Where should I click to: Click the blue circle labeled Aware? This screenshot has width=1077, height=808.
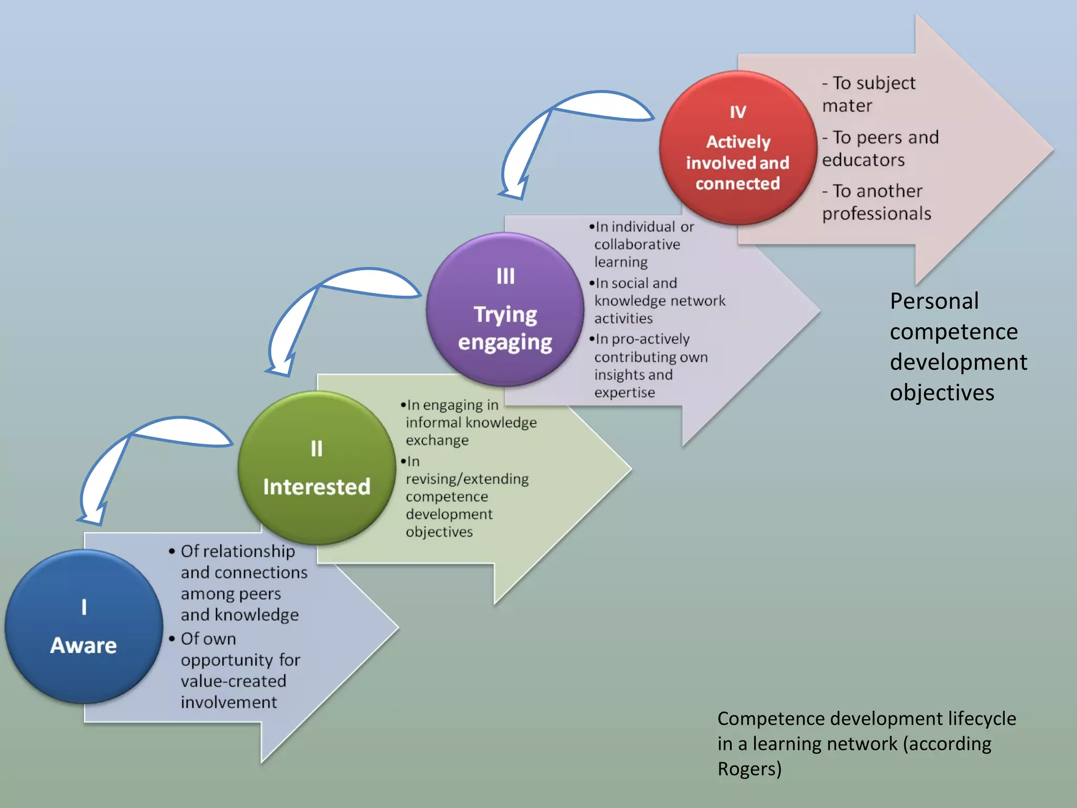coord(84,626)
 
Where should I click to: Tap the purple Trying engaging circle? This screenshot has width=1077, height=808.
coord(505,309)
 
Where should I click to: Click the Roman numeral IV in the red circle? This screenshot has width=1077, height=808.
coord(738,112)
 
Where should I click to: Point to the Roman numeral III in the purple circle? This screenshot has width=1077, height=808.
coord(505,276)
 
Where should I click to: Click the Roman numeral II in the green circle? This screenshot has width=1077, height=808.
coord(317,449)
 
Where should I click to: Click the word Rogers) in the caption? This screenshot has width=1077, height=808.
coord(749,769)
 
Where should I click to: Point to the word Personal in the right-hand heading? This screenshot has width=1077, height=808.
coord(934,301)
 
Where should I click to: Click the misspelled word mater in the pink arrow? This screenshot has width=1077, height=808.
coord(847,106)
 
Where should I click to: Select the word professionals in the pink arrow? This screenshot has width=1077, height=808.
coord(876,214)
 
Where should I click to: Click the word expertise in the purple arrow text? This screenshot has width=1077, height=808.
coord(625,392)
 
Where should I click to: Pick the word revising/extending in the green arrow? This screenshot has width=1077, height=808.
coord(467,479)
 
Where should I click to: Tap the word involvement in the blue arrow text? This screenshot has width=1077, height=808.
coord(229,702)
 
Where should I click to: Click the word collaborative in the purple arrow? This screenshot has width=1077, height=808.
coord(637,244)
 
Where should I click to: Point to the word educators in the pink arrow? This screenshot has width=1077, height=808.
coord(863,160)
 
